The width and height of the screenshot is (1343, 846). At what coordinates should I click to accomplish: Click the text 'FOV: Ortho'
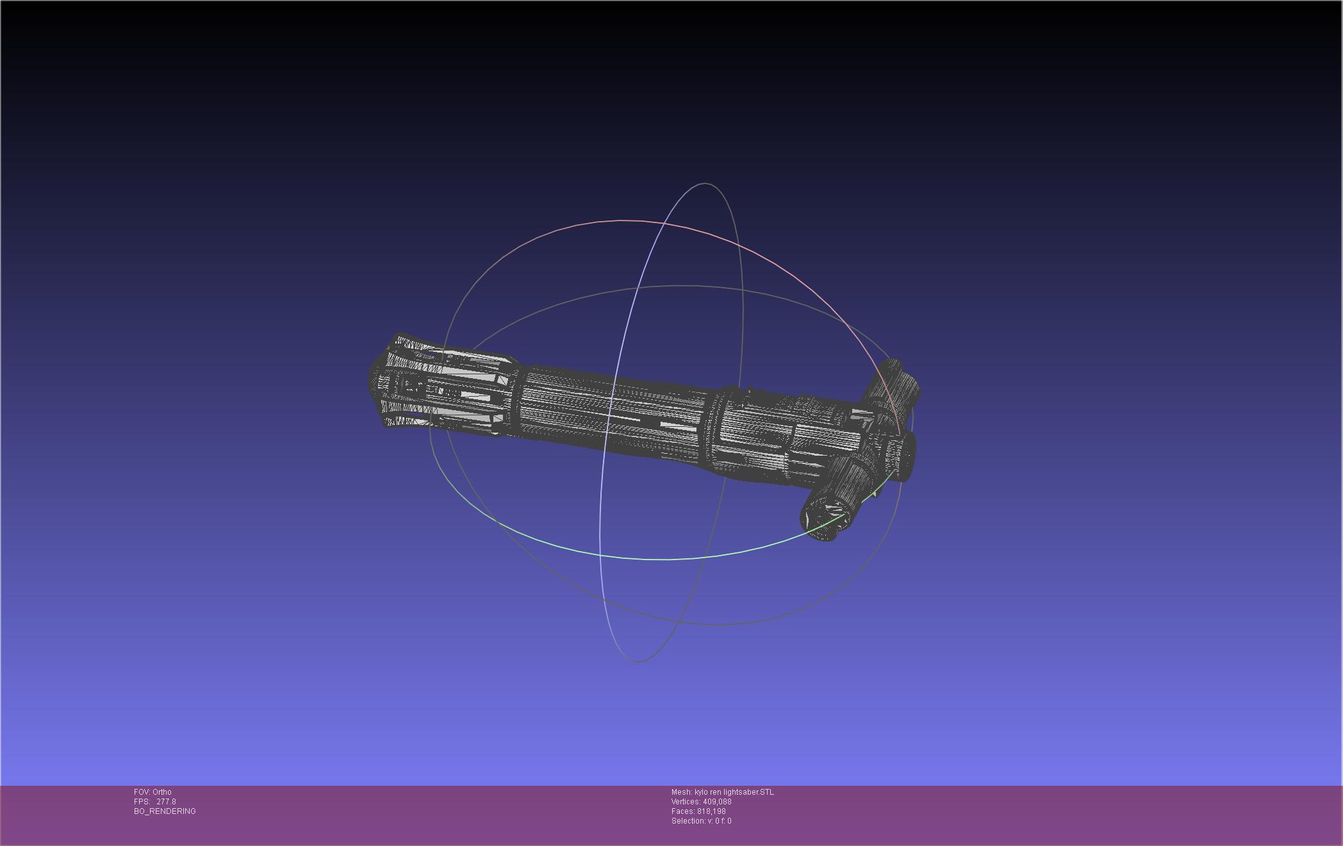[152, 792]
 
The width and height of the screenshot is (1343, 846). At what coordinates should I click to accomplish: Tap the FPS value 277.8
[166, 802]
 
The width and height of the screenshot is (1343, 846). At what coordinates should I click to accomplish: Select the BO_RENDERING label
[165, 811]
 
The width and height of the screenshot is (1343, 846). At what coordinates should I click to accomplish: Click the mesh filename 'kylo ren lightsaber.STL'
[734, 792]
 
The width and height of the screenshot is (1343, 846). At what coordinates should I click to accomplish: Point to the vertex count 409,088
[717, 802]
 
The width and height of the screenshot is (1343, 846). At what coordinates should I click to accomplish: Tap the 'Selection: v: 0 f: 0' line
[701, 821]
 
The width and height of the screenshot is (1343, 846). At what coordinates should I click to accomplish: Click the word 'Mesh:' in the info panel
[682, 792]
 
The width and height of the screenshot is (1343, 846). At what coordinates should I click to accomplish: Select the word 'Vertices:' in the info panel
[686, 802]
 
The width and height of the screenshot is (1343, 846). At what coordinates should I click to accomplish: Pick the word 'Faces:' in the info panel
[683, 811]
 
